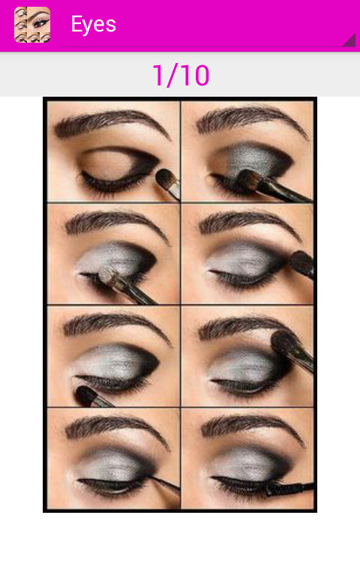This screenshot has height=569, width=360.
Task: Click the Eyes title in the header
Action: pos(94,25)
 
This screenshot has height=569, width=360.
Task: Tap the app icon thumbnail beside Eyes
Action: pos(32,25)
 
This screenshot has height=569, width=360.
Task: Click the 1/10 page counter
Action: pos(181,76)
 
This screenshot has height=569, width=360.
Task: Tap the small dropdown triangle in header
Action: pos(349,40)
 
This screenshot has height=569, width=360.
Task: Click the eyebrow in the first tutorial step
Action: pos(112,123)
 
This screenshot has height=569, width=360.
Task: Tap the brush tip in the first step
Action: pos(166,178)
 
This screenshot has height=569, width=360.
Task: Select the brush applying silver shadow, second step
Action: pos(272,186)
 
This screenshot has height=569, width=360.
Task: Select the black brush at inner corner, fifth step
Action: pos(91,397)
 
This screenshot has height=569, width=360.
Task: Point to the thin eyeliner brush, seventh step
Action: pos(164,485)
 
